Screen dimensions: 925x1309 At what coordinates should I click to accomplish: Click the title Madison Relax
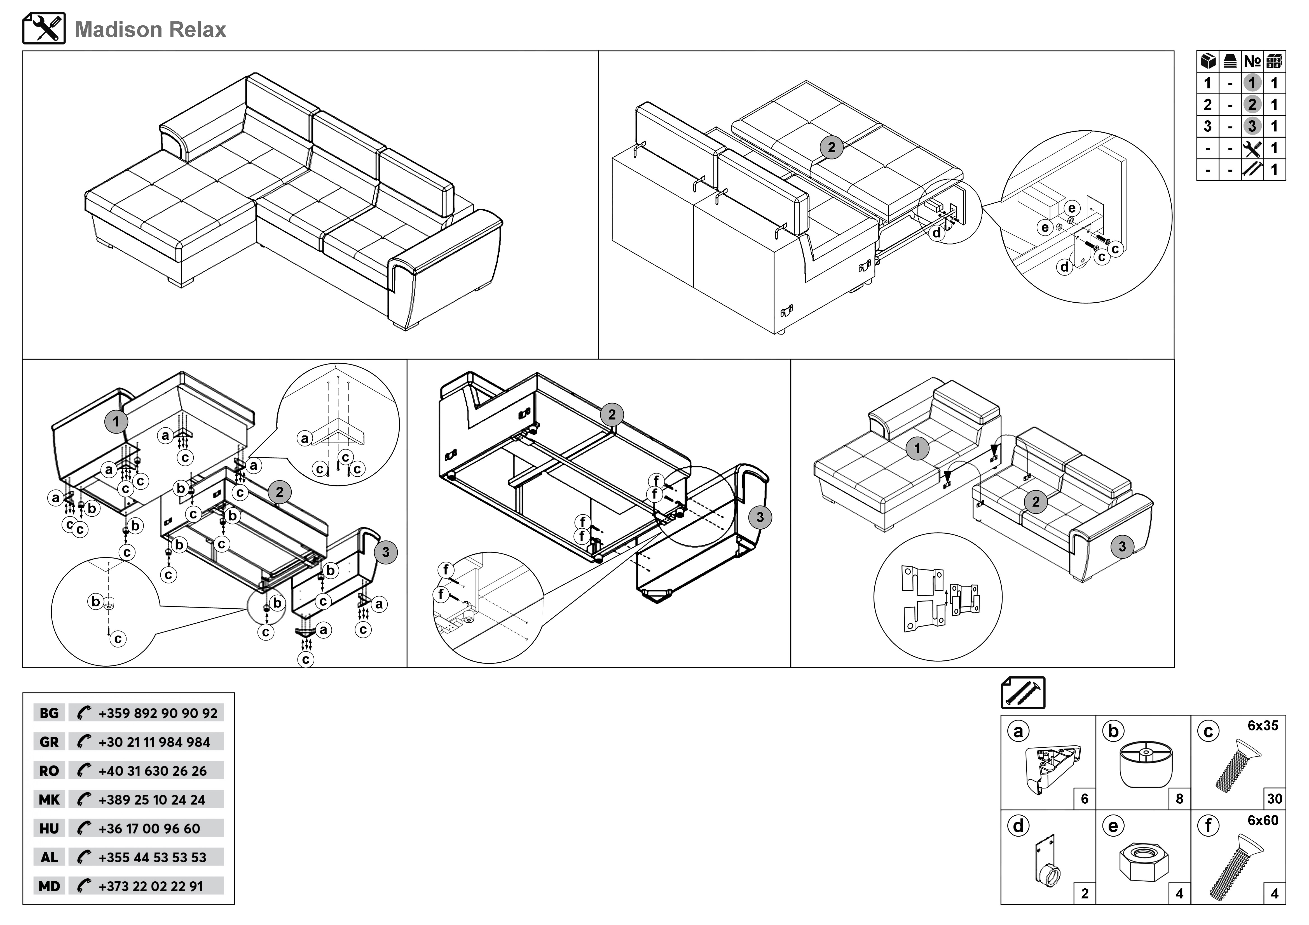click(151, 30)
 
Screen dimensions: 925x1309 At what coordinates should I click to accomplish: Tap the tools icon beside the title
click(44, 29)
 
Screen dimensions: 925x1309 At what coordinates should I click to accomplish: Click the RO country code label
click(49, 771)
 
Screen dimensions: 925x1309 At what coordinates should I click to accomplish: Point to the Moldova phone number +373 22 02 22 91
click(151, 886)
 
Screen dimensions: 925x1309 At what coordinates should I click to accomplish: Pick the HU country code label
click(49, 829)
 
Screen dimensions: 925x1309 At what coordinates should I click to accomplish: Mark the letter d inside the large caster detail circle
click(1064, 267)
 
